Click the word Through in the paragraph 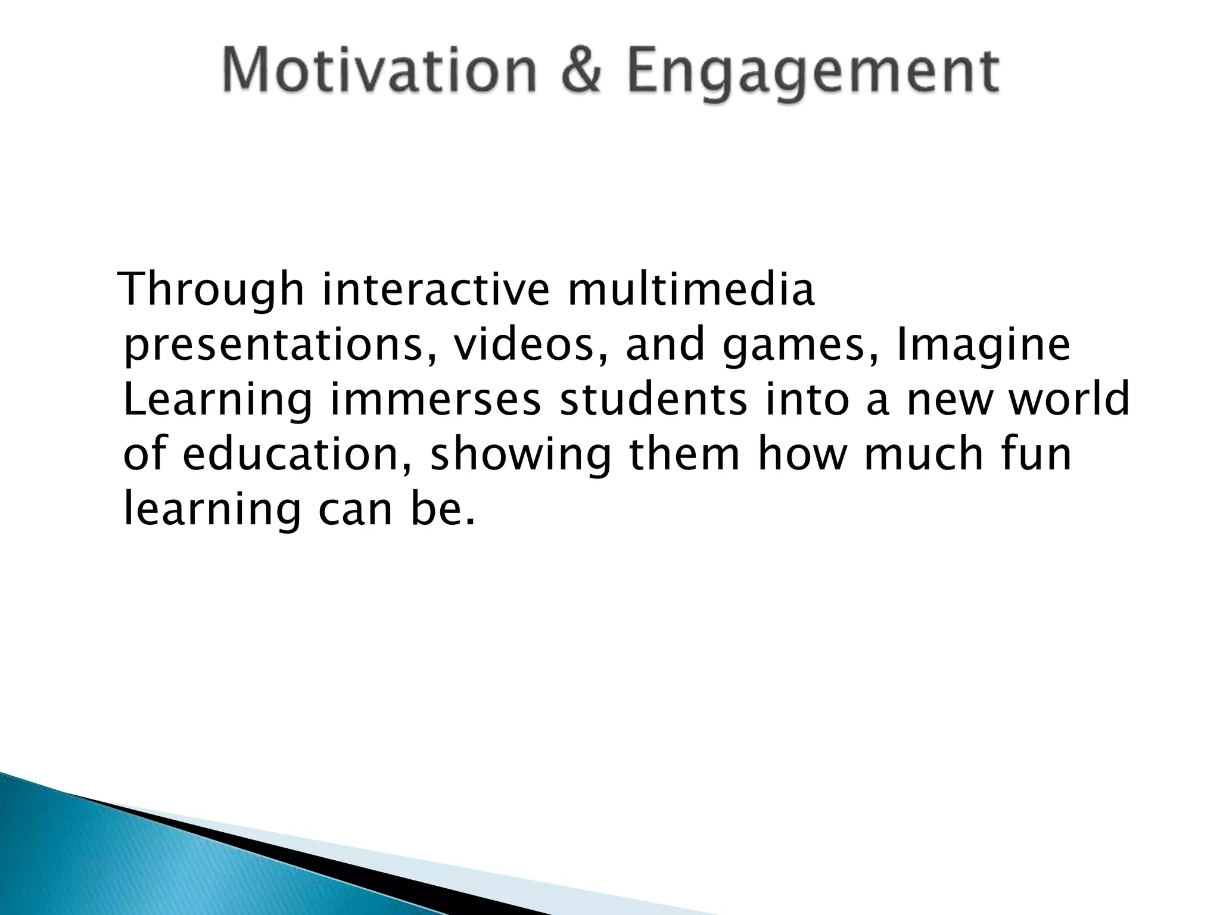pos(211,290)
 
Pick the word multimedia pos(691,290)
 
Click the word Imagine pos(983,347)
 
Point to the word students pos(652,400)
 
